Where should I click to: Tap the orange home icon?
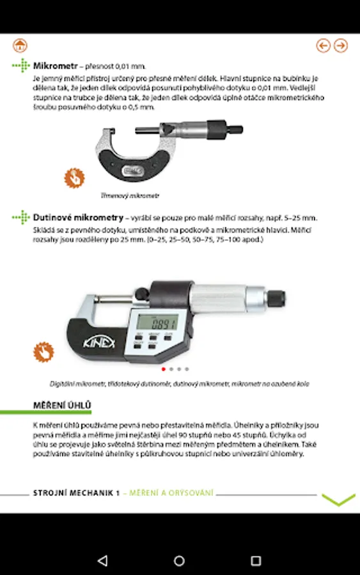point(20,45)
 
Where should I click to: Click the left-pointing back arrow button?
point(324,45)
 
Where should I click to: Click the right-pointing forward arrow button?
point(341,45)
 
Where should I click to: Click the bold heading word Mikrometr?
point(56,66)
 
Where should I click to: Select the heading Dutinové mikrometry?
point(78,217)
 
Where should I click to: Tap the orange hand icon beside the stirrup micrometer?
point(75,178)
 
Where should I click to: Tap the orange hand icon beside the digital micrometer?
point(43,352)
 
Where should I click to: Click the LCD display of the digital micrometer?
point(157,323)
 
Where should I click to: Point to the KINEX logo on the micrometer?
point(98,342)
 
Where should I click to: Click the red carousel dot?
point(163,369)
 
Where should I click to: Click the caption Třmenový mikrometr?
point(130,196)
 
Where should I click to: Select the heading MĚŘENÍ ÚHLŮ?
point(62,405)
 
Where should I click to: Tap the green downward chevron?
point(338,500)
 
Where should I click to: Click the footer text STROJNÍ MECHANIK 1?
point(77,493)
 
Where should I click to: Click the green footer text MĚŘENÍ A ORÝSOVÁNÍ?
point(171,493)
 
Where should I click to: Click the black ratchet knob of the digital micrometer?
point(276,298)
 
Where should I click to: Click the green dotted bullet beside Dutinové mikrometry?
point(21,217)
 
